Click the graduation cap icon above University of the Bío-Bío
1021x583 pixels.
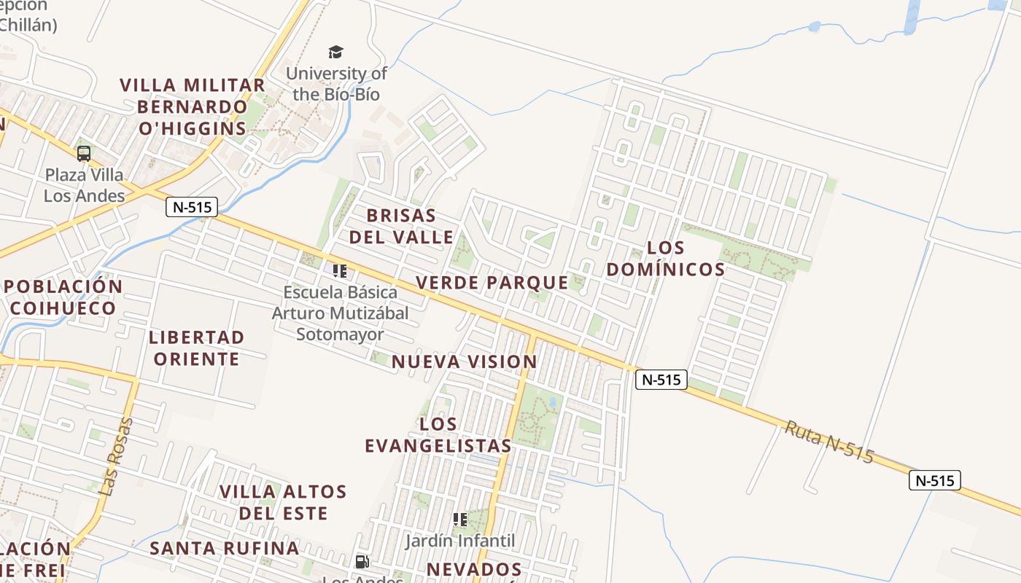335,52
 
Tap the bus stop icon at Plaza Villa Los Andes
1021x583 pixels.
84,153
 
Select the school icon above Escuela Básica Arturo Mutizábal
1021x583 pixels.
340,271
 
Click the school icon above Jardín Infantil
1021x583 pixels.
460,520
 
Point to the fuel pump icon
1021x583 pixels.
362,562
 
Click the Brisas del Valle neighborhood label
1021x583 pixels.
401,226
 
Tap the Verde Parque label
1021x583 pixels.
492,282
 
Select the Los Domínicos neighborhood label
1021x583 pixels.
666,259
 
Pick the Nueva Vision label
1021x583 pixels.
465,361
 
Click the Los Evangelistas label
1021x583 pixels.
438,434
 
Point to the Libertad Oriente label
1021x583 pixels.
196,348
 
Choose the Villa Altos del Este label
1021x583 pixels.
283,501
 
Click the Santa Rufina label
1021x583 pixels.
225,548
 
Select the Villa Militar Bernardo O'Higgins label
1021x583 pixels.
193,106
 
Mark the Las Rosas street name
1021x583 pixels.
117,457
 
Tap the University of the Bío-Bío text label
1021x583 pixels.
336,84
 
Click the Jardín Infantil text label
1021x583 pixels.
460,541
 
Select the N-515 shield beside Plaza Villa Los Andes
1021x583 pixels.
193,207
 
